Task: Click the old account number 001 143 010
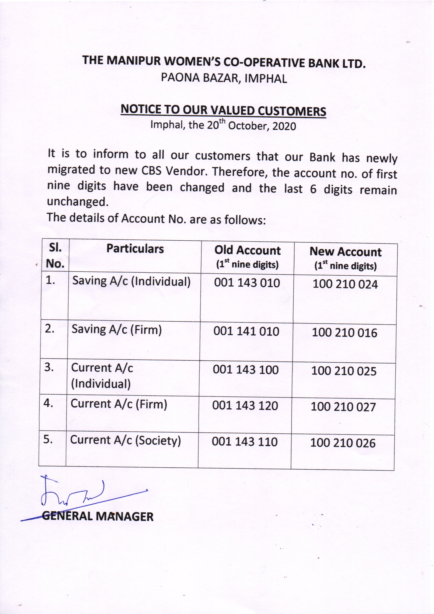(x=247, y=283)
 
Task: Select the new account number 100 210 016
(x=344, y=333)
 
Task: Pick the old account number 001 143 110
(x=245, y=441)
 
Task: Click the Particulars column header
(x=135, y=249)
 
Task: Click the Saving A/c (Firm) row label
(x=117, y=329)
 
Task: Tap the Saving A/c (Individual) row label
(x=131, y=281)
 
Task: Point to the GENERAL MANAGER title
(x=98, y=516)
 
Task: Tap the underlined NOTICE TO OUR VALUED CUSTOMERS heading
(x=223, y=110)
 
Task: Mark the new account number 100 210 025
(x=344, y=371)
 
